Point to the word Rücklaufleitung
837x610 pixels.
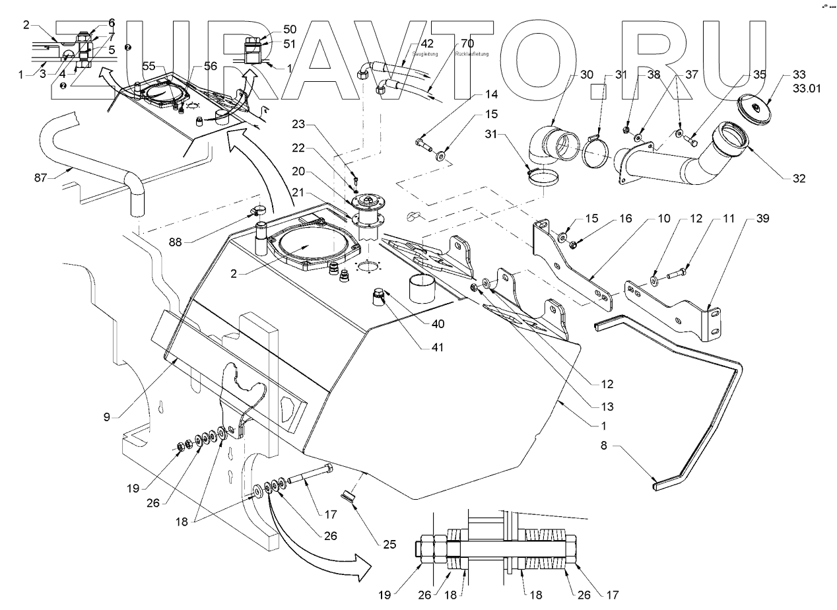pyautogui.click(x=473, y=53)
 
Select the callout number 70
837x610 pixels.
pyautogui.click(x=467, y=44)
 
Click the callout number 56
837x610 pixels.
pyautogui.click(x=210, y=66)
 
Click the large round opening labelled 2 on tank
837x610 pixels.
pyautogui.click(x=308, y=247)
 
